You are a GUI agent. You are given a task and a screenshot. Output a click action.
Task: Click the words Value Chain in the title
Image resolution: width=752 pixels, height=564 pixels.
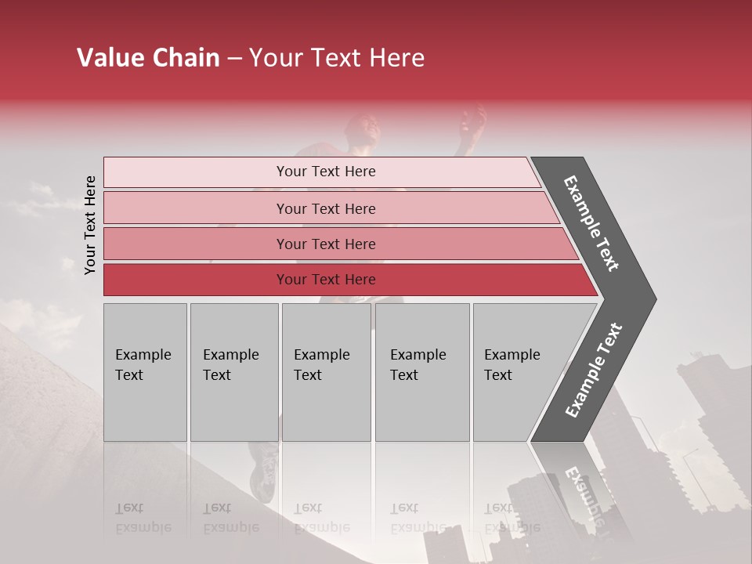tap(148, 58)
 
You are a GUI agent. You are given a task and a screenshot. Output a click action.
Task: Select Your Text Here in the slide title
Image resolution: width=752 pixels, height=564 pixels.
tap(337, 58)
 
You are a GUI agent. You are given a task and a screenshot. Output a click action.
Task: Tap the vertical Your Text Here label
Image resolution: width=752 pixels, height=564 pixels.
tap(91, 225)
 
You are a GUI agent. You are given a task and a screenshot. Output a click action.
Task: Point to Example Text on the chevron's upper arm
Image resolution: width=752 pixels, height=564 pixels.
tap(591, 223)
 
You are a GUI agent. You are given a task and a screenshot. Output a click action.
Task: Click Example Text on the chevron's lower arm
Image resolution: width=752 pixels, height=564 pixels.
tap(594, 371)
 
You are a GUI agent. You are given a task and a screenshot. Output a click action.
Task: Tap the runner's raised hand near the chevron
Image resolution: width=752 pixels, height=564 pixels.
tap(472, 122)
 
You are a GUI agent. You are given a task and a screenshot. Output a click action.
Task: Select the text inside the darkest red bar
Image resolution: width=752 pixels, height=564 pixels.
tap(326, 280)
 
